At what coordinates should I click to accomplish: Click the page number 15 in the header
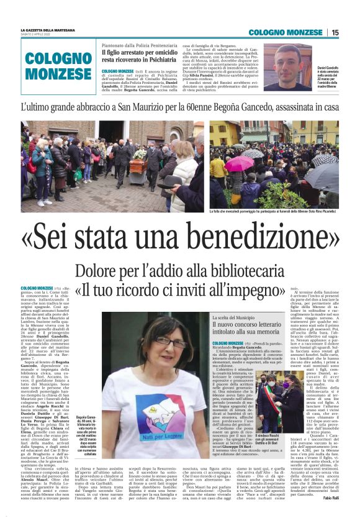(335, 32)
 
